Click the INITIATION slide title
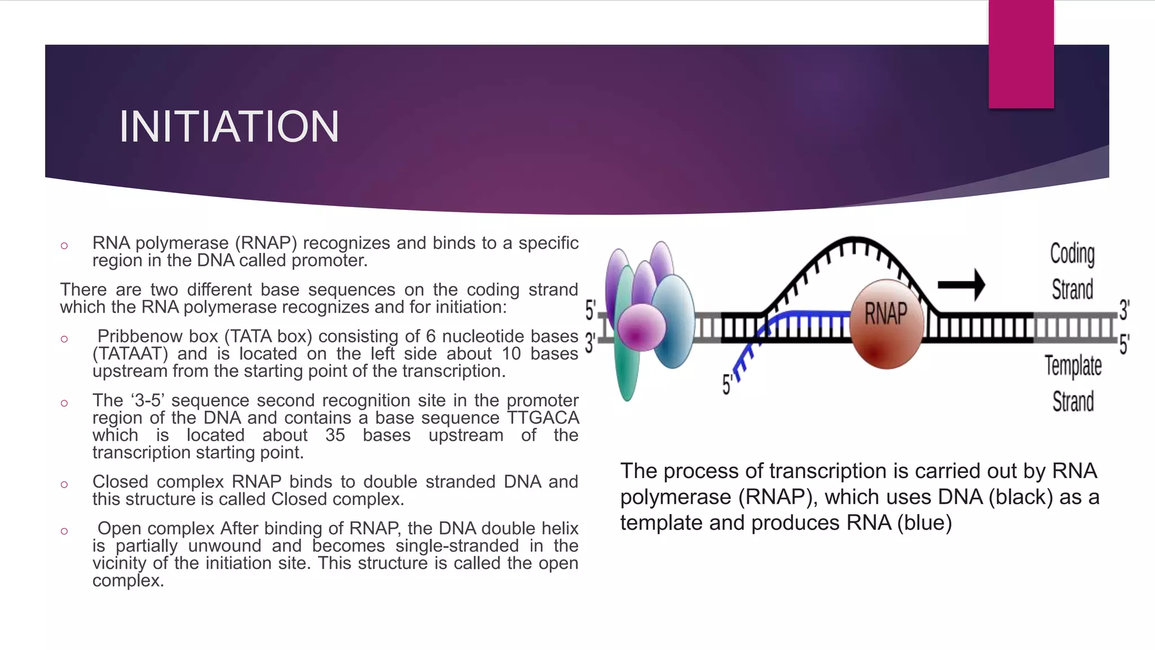(229, 127)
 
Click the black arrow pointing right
(962, 284)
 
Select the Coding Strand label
(1072, 271)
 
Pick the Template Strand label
(1073, 384)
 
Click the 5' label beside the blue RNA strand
(728, 385)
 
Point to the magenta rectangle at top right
(1021, 54)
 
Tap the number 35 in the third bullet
(335, 436)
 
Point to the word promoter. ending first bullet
(329, 261)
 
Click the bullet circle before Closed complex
(64, 485)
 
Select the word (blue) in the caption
(924, 523)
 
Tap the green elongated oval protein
(626, 361)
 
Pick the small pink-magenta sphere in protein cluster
(641, 327)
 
